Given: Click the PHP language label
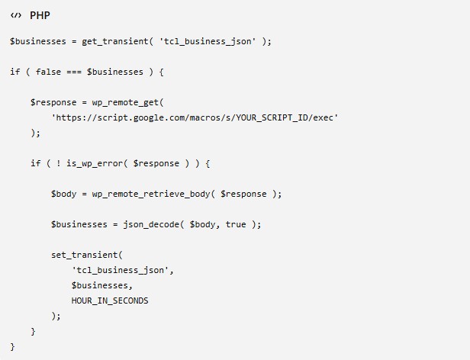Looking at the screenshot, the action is pyautogui.click(x=40, y=15).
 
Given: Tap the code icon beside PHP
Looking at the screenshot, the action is pyautogui.click(x=16, y=15).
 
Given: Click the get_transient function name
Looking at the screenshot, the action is pyautogui.click(x=115, y=41).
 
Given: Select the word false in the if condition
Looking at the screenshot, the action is pyautogui.click(x=48, y=72).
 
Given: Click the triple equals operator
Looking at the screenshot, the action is pyautogui.click(x=74, y=72).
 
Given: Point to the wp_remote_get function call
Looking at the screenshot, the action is pyautogui.click(x=125, y=102).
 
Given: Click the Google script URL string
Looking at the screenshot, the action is pyautogui.click(x=195, y=117).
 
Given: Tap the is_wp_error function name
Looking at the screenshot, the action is pyautogui.click(x=95, y=164).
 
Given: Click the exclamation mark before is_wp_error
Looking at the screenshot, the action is pyautogui.click(x=59, y=163).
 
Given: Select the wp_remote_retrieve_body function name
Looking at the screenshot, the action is pyautogui.click(x=151, y=194).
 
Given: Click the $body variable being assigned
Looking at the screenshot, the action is pyautogui.click(x=63, y=194).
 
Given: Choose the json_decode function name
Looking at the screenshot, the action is pyautogui.click(x=151, y=224).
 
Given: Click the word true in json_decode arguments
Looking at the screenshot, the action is pyautogui.click(x=236, y=224).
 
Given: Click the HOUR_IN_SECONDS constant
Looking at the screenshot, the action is pyautogui.click(x=110, y=301).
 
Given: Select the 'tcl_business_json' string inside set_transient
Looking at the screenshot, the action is pyautogui.click(x=121, y=270).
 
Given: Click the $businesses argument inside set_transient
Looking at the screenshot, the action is pyautogui.click(x=100, y=285).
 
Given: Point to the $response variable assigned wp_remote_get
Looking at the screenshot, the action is pyautogui.click(x=53, y=102).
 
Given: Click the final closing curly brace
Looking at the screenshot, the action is pyautogui.click(x=12, y=347).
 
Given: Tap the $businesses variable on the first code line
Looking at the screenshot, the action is pyautogui.click(x=38, y=41).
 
